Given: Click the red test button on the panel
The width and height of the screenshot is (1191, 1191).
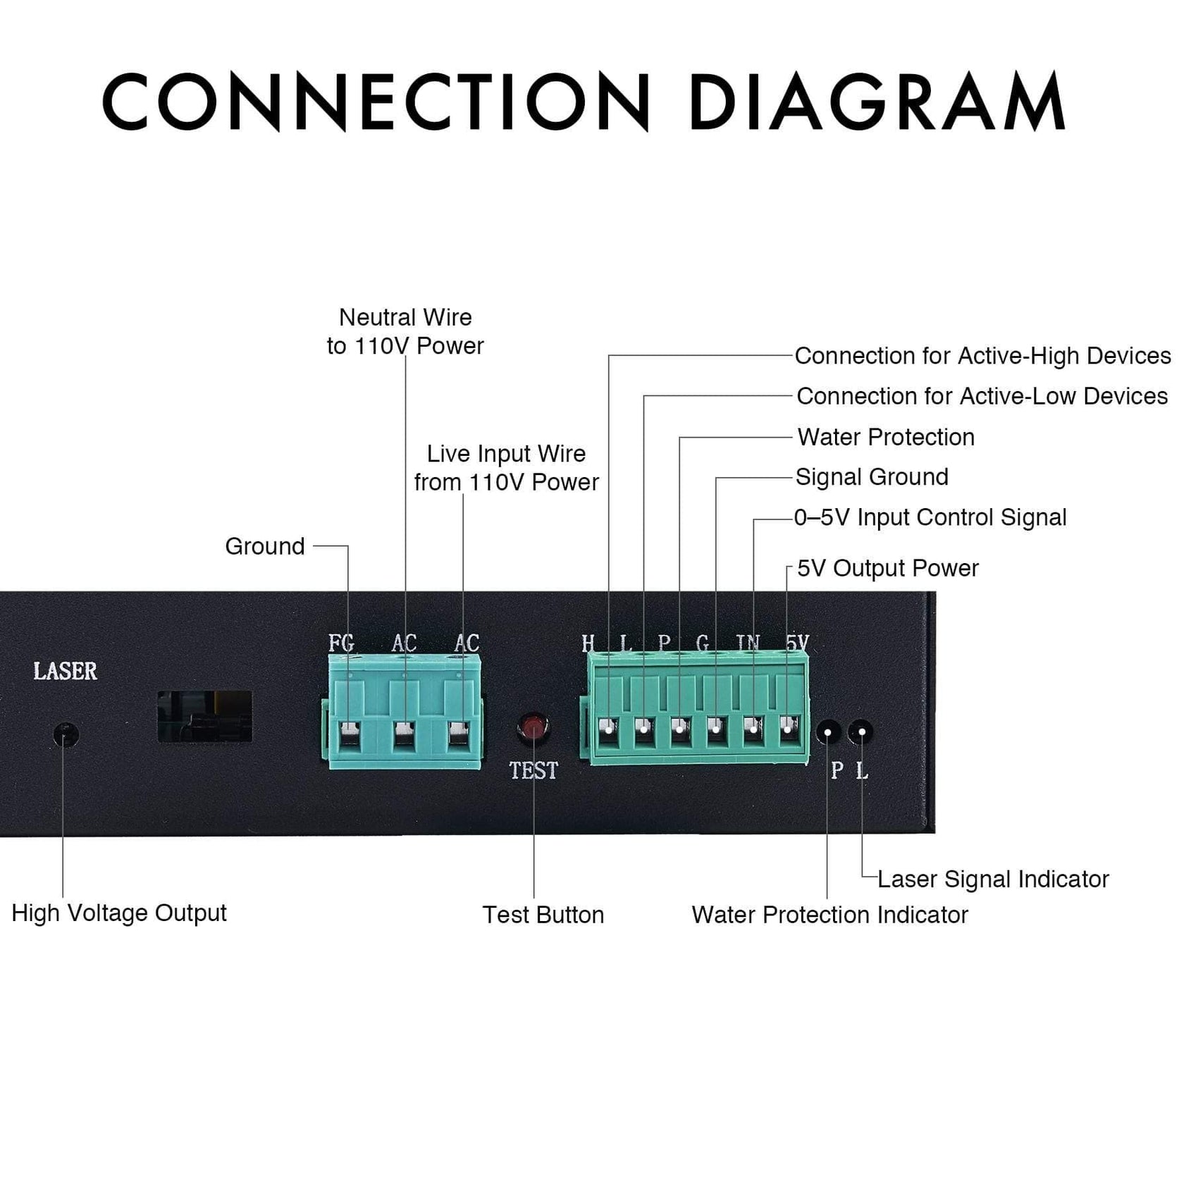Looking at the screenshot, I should (x=533, y=727).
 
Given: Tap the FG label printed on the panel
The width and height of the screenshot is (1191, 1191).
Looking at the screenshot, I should (x=341, y=643).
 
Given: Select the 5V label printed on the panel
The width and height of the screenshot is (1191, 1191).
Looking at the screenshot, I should (x=797, y=643).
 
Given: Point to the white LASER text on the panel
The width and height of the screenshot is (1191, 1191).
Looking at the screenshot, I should (x=66, y=671).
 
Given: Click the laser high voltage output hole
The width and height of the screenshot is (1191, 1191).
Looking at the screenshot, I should (x=66, y=735).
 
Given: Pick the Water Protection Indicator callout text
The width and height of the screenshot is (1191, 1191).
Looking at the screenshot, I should (x=829, y=915).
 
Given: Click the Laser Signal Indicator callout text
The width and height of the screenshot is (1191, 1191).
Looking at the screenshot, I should (x=993, y=879).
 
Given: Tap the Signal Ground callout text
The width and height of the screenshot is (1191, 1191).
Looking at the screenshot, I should (x=872, y=477).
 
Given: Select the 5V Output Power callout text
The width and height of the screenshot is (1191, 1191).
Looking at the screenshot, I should (x=888, y=568).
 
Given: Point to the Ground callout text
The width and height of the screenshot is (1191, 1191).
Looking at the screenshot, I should (x=265, y=546).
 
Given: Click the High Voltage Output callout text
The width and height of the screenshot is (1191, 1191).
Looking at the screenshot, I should (x=119, y=913).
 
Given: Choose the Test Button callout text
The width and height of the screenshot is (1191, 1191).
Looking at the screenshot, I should (x=543, y=915).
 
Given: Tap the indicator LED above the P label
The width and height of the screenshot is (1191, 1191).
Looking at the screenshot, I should (x=829, y=732).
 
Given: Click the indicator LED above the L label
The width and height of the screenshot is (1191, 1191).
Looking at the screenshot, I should (x=861, y=732).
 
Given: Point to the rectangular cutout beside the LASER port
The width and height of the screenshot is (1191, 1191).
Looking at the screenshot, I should (x=204, y=716).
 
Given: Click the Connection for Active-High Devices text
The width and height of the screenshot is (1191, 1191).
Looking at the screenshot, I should (x=982, y=356).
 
